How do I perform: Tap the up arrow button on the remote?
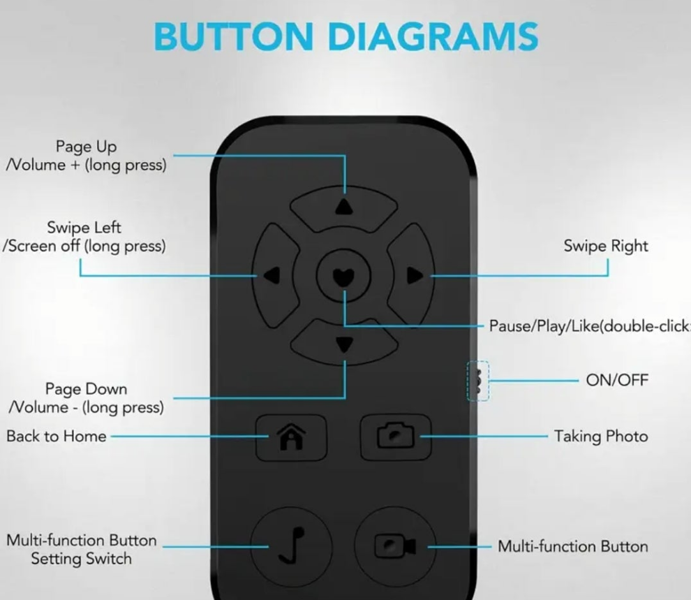pos(344,206)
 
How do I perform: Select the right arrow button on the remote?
pos(414,275)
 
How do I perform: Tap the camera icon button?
pos(395,437)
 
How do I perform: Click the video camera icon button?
pos(395,545)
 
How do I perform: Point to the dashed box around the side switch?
pos(478,381)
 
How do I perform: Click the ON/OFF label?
pos(617,381)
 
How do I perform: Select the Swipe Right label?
pos(606,246)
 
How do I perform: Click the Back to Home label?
pos(57,437)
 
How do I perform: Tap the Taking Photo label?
pos(601,437)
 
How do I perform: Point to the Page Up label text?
pos(87,147)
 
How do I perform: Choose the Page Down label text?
pos(87,389)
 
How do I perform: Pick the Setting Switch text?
pos(81,559)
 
